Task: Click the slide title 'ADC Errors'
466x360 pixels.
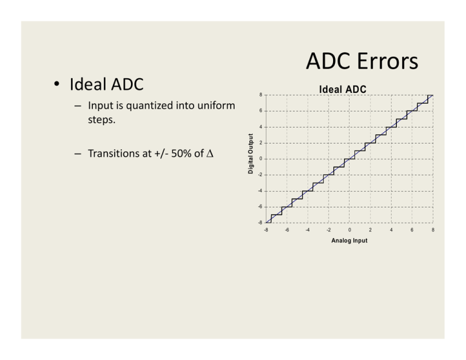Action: coord(361,61)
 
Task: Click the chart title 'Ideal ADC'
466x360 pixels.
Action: coord(342,89)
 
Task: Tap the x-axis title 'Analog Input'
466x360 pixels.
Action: coord(349,241)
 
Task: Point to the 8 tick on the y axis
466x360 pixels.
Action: coord(261,95)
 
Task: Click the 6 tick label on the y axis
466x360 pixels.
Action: coord(261,111)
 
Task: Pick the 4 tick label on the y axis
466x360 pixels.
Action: coord(261,127)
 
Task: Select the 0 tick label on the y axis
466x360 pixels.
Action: coord(261,159)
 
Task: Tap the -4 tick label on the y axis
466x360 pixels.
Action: coord(260,191)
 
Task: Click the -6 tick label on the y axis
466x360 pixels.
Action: coord(260,207)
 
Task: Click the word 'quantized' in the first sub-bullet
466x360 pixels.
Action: coord(141,106)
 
